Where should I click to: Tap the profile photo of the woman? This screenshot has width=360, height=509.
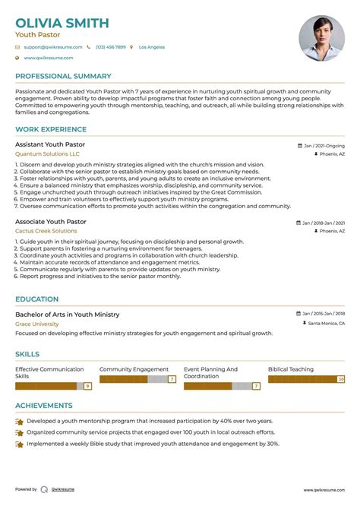tap(322, 38)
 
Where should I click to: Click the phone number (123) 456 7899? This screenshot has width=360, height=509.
tap(111, 47)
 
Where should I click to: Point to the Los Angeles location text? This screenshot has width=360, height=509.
tap(152, 47)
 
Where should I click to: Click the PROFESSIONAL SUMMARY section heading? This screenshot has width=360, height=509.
tap(63, 77)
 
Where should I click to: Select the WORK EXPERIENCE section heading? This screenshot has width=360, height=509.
tap(51, 130)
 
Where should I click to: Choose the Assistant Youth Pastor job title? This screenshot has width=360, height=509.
tap(50, 144)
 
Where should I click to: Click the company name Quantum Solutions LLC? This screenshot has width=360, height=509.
tap(47, 153)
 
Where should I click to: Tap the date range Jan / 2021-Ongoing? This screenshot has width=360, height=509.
tap(324, 144)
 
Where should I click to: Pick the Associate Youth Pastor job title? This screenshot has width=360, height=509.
tap(51, 222)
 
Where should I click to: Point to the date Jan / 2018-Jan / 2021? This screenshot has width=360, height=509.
tap(323, 223)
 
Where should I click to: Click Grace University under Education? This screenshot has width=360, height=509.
tap(36, 324)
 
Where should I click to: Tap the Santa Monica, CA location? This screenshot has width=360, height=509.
tap(326, 324)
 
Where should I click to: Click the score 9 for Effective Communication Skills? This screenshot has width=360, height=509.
tap(88, 386)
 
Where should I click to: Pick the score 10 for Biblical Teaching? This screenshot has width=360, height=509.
tap(341, 378)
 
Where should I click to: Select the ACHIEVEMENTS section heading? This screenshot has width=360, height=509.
tap(44, 406)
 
